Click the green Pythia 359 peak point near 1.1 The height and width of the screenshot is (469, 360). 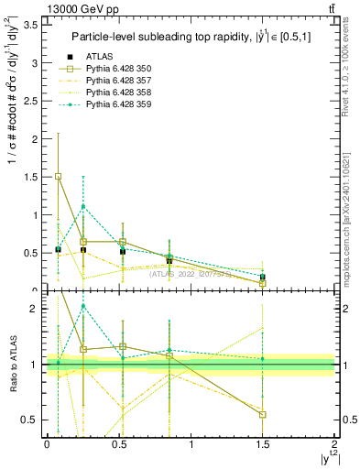[x=83, y=206]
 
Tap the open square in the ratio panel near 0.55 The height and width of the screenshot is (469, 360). [x=263, y=414]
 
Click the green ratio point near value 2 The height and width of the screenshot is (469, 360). [x=83, y=306]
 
